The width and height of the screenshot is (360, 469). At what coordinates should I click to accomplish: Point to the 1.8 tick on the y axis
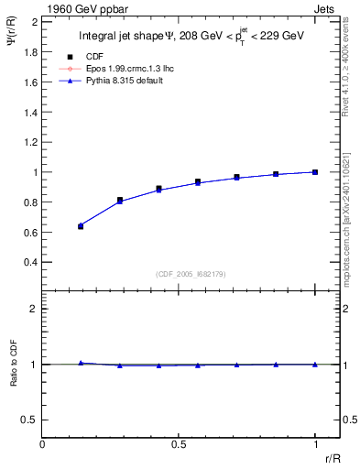31,52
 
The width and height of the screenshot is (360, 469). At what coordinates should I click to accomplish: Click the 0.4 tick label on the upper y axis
31,262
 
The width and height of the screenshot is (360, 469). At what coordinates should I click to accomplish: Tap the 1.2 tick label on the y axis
31,142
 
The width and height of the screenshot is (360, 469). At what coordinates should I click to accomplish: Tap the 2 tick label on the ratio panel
35,309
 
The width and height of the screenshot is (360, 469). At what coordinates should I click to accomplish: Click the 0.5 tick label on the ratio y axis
31,420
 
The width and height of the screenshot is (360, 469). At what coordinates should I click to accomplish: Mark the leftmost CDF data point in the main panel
81,225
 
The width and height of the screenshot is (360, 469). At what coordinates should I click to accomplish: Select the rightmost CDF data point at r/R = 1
315,171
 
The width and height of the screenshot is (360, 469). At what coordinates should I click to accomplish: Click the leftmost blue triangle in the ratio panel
81,363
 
